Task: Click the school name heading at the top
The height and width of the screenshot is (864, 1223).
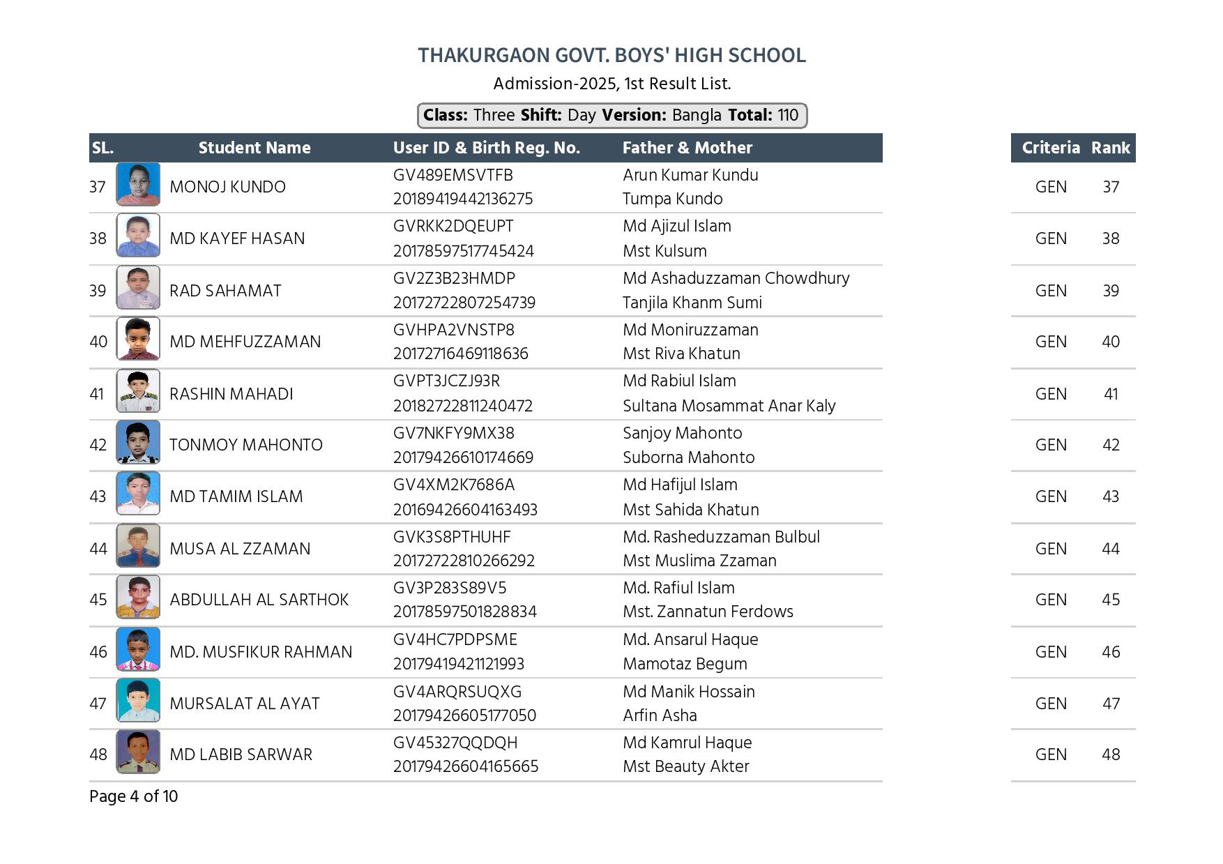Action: coord(611,56)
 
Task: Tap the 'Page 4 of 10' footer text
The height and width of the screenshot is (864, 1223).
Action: coord(133,796)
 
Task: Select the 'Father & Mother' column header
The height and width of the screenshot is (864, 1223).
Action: coord(687,148)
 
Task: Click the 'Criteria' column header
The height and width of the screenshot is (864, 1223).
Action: coord(1050,148)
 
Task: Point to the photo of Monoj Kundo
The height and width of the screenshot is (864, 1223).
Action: coord(138,185)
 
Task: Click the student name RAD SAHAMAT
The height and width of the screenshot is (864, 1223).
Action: coord(225,291)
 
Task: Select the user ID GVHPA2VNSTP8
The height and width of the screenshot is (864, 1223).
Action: coord(453,330)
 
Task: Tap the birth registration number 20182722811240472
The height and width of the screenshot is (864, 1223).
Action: coord(462,406)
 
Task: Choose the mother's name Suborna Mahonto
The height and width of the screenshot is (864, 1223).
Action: coord(688,457)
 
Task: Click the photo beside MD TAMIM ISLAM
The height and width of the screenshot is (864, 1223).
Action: coord(138,494)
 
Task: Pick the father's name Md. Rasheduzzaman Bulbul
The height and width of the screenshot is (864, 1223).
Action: coord(721,537)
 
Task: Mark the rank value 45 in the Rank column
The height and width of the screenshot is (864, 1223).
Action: coord(1111,600)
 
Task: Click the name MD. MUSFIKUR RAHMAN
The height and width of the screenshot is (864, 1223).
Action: coord(261,652)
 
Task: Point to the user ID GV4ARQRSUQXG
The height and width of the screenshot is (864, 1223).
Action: coord(457,692)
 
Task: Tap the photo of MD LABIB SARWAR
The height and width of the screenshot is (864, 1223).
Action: coord(138,752)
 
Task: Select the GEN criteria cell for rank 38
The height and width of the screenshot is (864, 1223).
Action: coord(1050,238)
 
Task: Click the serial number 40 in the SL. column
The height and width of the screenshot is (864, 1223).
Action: coord(98,342)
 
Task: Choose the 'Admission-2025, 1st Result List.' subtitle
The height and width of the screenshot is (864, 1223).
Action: coord(611,84)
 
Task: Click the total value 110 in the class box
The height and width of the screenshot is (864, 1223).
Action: coord(788,115)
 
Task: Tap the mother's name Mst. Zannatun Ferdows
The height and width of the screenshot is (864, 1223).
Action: coord(708,612)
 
